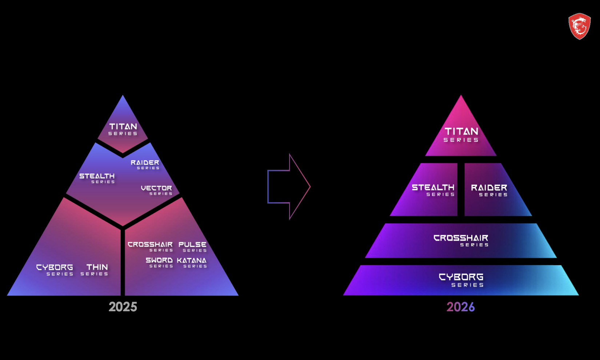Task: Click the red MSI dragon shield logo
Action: pyautogui.click(x=579, y=26)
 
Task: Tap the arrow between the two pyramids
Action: pyautogui.click(x=287, y=187)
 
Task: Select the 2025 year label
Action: pyautogui.click(x=123, y=307)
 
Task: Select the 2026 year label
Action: pyautogui.click(x=461, y=307)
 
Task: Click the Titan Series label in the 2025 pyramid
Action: pyautogui.click(x=123, y=129)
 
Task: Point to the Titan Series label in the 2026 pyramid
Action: pyautogui.click(x=461, y=134)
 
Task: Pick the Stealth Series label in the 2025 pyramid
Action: pyautogui.click(x=97, y=178)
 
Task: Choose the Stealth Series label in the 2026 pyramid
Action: pyautogui.click(x=433, y=190)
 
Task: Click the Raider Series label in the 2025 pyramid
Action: pyautogui.click(x=145, y=164)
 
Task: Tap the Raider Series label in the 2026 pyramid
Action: pyautogui.click(x=489, y=190)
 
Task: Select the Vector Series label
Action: pyautogui.click(x=156, y=190)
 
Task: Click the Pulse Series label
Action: pyautogui.click(x=193, y=247)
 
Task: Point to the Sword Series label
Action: pyautogui.click(x=159, y=263)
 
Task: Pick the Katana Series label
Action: pyautogui.click(x=192, y=263)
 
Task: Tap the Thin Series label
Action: pyautogui.click(x=96, y=269)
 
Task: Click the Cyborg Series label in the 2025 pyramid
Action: pyautogui.click(x=55, y=269)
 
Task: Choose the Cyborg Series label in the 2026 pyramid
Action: pyautogui.click(x=461, y=280)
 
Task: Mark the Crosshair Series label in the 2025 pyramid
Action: pyautogui.click(x=150, y=247)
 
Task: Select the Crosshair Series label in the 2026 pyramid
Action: pyautogui.click(x=461, y=240)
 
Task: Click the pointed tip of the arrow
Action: pyautogui.click(x=309, y=187)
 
